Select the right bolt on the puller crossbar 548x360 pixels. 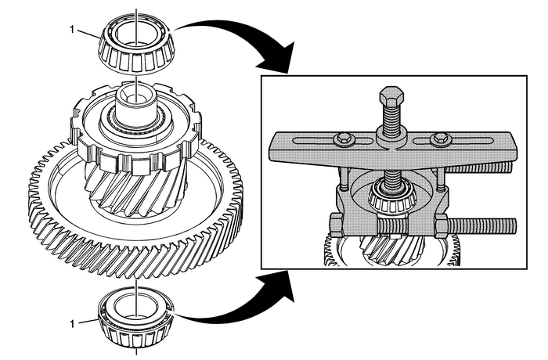pos(438,141)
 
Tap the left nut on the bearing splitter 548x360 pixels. pos(337,226)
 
